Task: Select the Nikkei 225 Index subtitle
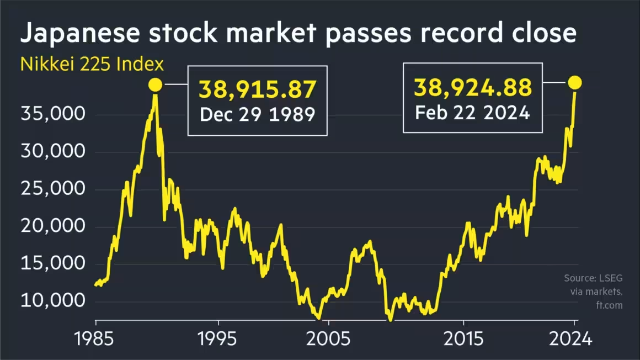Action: [x=92, y=64]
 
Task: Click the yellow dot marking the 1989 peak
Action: [x=155, y=85]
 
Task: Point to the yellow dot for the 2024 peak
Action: [x=575, y=83]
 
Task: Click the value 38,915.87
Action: [x=258, y=89]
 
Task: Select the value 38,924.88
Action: [x=473, y=87]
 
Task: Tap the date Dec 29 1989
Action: [x=257, y=114]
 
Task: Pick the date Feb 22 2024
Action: [x=472, y=113]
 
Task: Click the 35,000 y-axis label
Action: [x=52, y=115]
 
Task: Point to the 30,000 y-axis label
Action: [x=52, y=152]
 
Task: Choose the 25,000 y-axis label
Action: [x=52, y=189]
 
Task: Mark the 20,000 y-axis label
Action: [x=52, y=226]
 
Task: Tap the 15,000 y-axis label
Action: [x=52, y=264]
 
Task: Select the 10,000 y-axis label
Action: [x=52, y=301]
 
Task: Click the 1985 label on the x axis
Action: [x=95, y=338]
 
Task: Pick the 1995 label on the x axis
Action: [x=218, y=338]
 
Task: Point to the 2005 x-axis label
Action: [x=328, y=338]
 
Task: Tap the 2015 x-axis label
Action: [x=463, y=338]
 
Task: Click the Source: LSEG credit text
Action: [x=593, y=278]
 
